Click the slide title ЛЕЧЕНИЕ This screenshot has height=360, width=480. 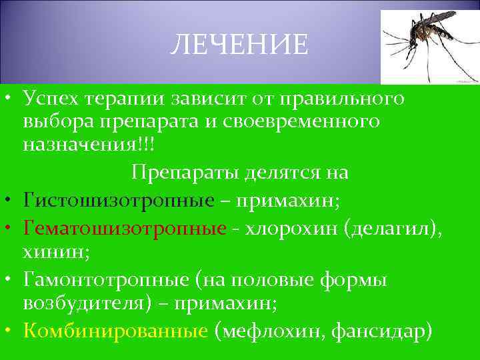coord(239,45)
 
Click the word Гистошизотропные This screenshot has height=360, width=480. coord(119,199)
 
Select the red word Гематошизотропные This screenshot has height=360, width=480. coord(124,228)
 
